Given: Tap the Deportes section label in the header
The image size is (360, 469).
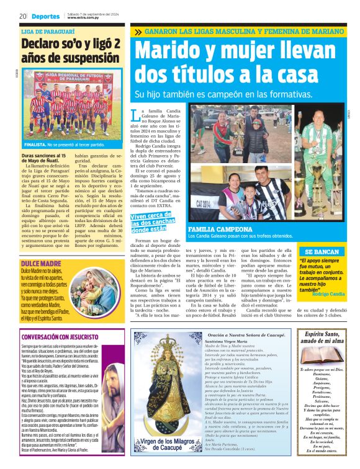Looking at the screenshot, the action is tap(46, 16).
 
